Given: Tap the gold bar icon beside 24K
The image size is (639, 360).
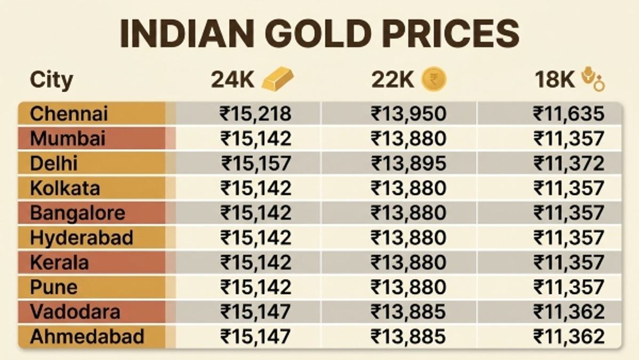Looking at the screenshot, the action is click(x=277, y=79).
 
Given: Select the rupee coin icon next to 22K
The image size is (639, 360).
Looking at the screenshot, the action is click(x=434, y=79).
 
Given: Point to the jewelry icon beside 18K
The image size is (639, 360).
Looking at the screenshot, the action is click(x=593, y=79).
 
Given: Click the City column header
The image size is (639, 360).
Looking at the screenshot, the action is click(x=51, y=79).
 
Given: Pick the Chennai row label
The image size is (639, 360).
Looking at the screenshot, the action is click(x=69, y=114).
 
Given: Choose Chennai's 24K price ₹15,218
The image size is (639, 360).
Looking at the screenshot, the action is click(x=255, y=114).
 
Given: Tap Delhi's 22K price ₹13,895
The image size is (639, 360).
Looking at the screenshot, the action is click(x=409, y=164).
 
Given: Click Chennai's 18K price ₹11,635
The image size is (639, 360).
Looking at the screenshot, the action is click(x=569, y=114).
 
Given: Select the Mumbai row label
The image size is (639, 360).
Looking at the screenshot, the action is click(x=68, y=138).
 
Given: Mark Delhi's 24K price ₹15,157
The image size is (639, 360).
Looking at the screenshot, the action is click(x=257, y=164).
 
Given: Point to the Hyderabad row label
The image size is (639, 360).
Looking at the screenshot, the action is click(x=82, y=238).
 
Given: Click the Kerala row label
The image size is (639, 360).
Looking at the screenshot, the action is click(x=59, y=262).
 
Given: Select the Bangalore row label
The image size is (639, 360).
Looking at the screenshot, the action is click(x=77, y=213).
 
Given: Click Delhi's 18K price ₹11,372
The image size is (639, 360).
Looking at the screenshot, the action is click(x=569, y=164).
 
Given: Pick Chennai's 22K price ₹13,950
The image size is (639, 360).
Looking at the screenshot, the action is click(x=409, y=114).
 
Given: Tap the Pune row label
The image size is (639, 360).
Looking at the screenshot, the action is click(x=53, y=287).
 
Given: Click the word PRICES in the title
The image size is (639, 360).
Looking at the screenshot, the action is click(x=451, y=33).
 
